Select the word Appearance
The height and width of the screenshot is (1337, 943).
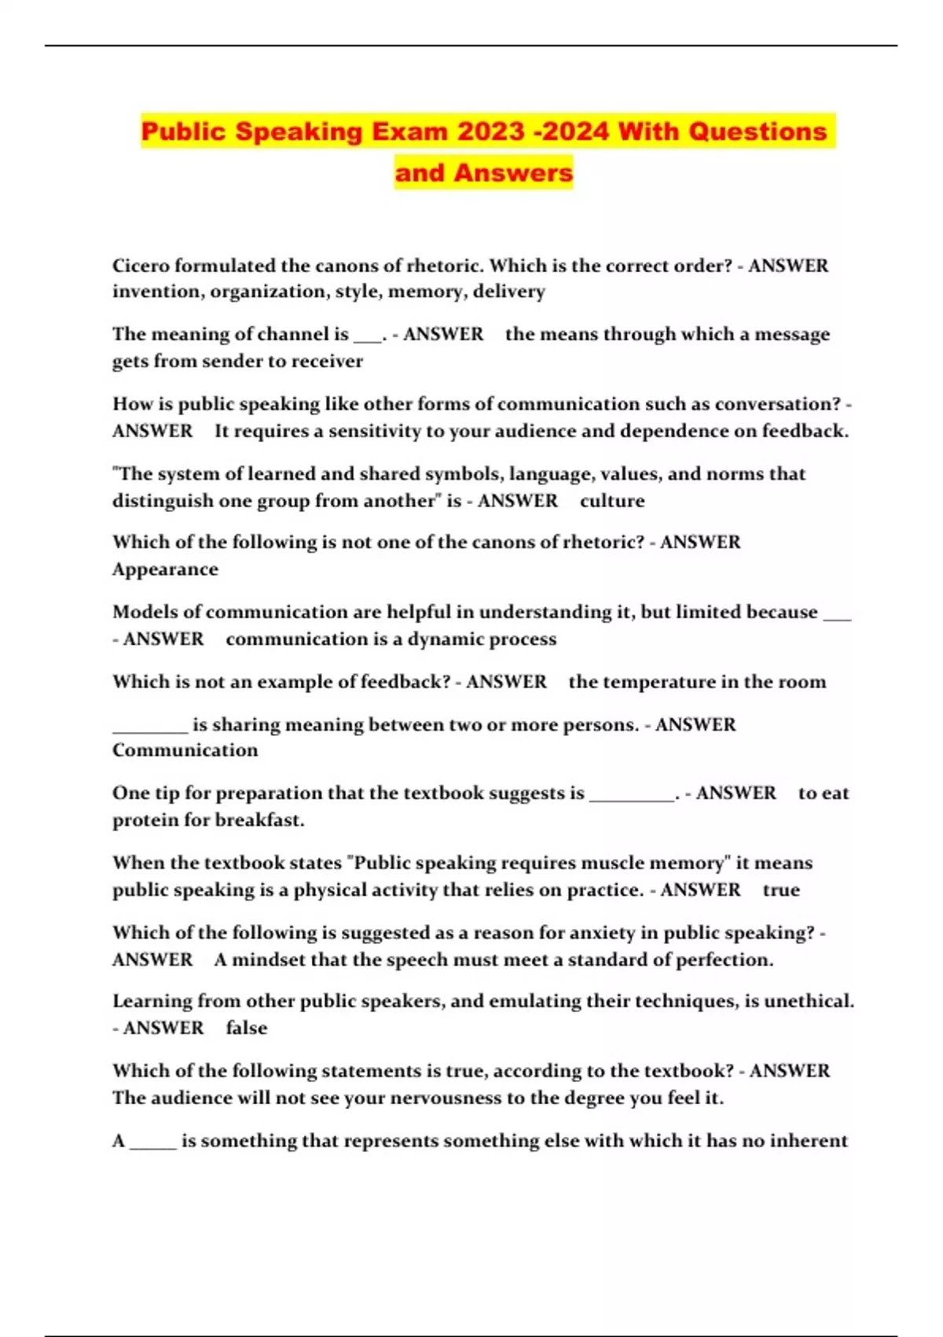point(165,569)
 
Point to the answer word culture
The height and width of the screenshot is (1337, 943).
point(612,501)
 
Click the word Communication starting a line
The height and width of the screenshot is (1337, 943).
point(185,750)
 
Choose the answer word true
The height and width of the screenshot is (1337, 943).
point(781,890)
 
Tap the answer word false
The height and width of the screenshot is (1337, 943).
point(247,1028)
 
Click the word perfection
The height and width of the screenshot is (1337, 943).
point(724,960)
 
